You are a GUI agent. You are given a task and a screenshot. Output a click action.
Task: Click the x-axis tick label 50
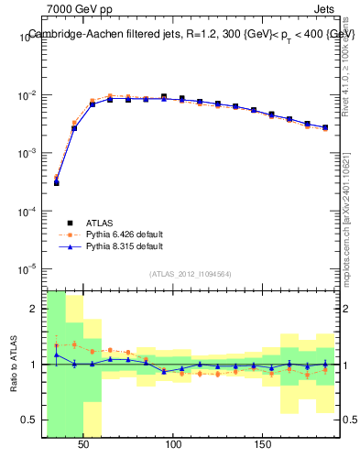click(83, 444)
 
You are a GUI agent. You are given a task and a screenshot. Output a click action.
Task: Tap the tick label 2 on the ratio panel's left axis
click(35, 309)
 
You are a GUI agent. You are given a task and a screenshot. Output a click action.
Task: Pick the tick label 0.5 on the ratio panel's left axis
click(31, 420)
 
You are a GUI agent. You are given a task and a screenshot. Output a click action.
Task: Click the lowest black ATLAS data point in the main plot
click(56, 183)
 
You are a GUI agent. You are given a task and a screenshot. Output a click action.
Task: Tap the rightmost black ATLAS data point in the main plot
click(325, 127)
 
